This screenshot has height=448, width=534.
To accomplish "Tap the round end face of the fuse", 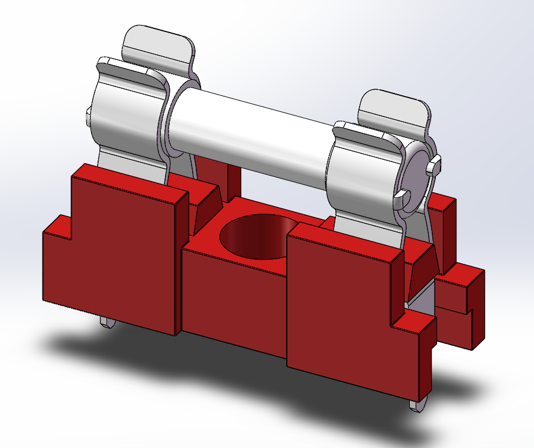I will click(x=418, y=171).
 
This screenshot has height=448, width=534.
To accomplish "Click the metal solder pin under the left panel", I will click(x=108, y=321).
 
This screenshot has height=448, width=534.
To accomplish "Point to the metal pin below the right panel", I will click(x=416, y=405).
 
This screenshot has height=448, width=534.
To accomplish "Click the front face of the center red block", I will click(x=234, y=296).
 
